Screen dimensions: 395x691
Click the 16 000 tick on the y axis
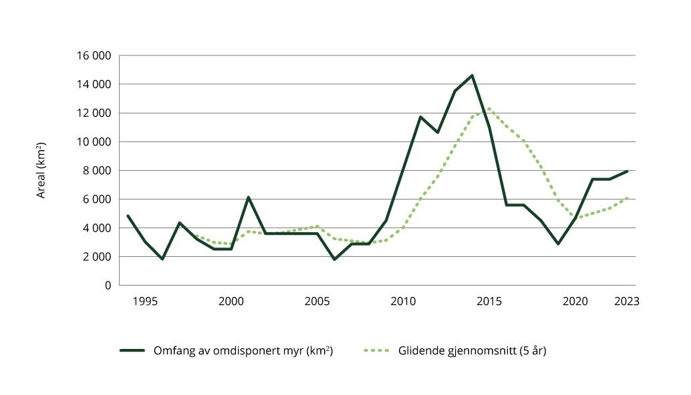[94, 56]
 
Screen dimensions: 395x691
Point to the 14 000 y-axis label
[94, 85]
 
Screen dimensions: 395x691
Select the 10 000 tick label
[94, 142]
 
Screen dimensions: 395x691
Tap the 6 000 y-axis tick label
[97, 200]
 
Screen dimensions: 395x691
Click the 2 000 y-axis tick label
[97, 257]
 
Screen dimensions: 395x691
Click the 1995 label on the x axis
[145, 302]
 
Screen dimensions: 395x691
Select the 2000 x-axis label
[231, 302]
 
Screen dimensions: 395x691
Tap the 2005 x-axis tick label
[317, 302]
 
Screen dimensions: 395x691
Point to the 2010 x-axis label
[404, 302]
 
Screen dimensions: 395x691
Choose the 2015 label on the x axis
[489, 302]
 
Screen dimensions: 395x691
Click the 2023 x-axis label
[627, 302]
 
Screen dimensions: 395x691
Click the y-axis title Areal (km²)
[41, 170]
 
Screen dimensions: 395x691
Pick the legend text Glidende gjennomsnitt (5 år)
[472, 351]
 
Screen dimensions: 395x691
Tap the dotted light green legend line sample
[378, 351]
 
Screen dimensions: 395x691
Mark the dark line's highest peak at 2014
[472, 75]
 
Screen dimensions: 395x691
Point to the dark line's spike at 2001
[249, 197]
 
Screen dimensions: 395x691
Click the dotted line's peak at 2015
[489, 109]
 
